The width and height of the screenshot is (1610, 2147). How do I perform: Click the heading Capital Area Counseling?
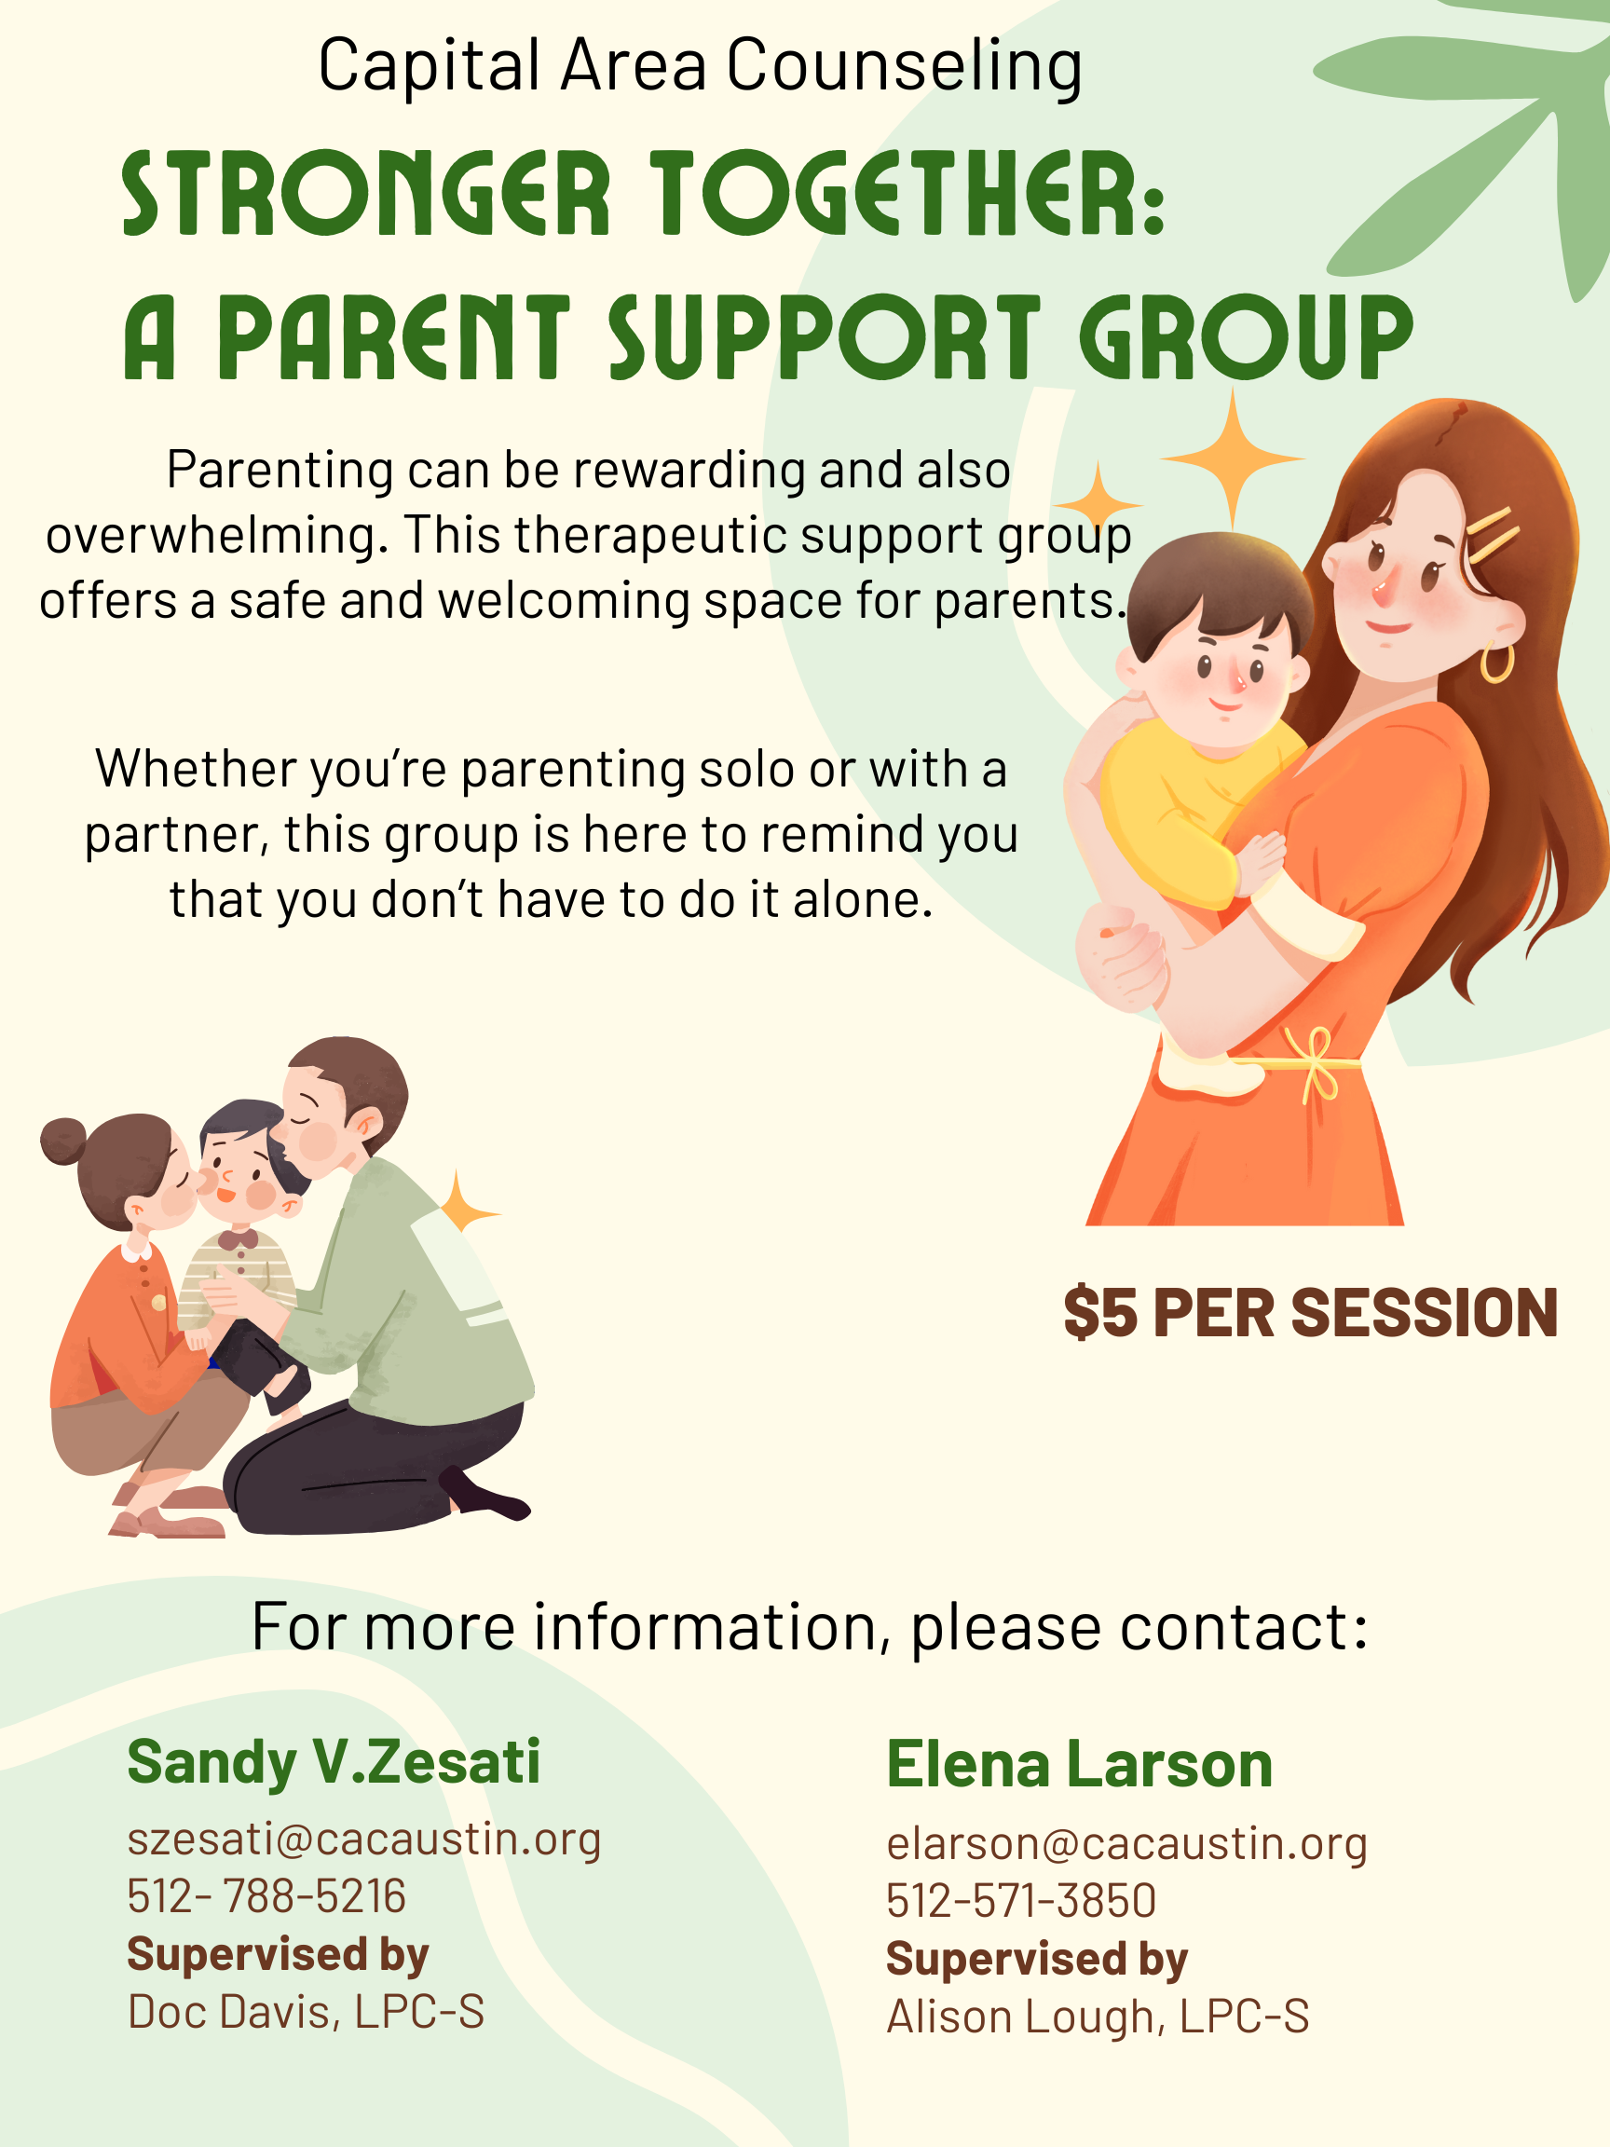[700, 67]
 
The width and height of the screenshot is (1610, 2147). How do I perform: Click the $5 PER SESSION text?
[1310, 1312]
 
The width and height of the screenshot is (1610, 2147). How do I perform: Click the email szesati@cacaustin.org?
[364, 1839]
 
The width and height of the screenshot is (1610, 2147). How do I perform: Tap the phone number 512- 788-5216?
[266, 1895]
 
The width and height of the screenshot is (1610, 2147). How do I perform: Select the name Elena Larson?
[1079, 1764]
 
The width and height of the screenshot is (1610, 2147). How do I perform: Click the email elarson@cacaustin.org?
[1126, 1843]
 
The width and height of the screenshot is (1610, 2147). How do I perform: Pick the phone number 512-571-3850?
[1021, 1899]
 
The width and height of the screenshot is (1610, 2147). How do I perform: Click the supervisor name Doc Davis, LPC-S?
[306, 2011]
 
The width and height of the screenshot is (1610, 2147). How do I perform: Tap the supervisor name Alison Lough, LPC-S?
[1098, 2016]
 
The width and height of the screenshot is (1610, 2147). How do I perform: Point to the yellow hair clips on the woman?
[1493, 535]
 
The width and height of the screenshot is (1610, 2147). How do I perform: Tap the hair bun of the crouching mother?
[63, 1141]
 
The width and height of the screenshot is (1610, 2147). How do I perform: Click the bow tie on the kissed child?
[238, 1239]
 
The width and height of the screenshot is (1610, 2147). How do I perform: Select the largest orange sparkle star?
[1233, 458]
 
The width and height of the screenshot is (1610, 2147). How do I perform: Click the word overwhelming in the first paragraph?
[211, 536]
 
